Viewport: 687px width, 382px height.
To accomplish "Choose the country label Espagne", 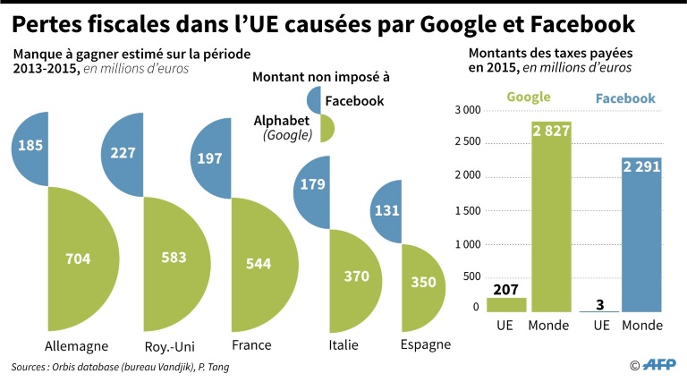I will click(426, 344).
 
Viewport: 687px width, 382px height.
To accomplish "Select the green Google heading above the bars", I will click(528, 98).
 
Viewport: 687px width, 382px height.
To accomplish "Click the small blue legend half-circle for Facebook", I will click(314, 100).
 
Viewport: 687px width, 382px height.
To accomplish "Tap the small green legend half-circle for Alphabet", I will click(327, 128).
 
